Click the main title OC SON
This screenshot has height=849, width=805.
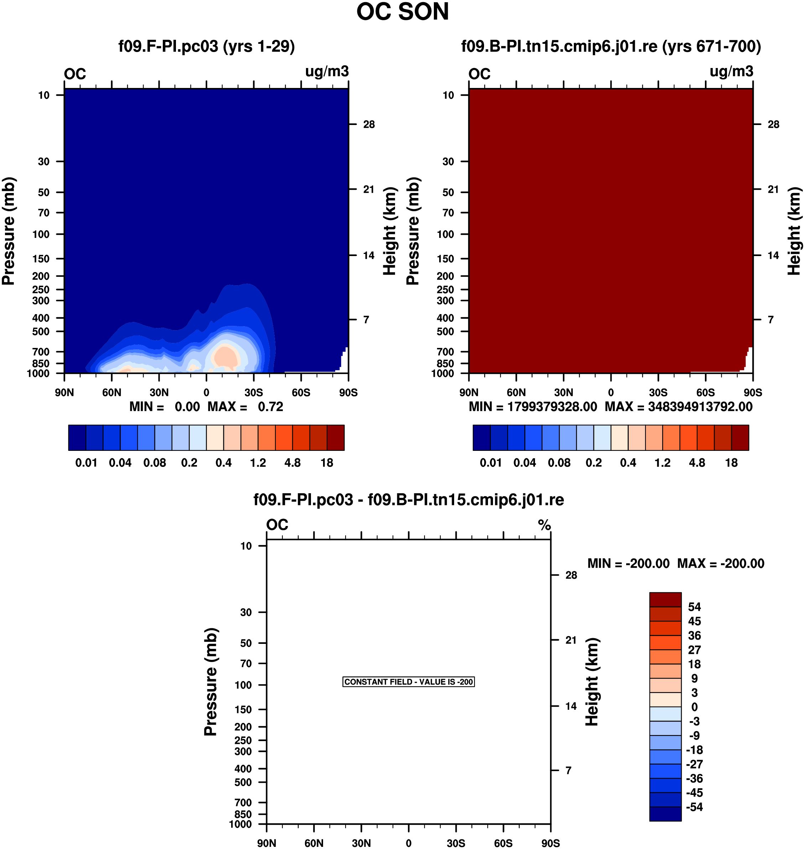tap(402, 12)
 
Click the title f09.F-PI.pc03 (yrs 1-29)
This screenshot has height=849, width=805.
tap(206, 46)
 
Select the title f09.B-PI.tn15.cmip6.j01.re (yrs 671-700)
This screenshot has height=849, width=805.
tap(611, 46)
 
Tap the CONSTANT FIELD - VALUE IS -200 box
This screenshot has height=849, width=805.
tap(408, 682)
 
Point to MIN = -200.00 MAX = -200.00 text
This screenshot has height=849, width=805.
tap(675, 563)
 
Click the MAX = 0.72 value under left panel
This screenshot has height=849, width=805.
tap(245, 407)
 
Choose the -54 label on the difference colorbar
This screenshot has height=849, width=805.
tap(694, 807)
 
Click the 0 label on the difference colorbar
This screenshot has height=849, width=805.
tap(694, 707)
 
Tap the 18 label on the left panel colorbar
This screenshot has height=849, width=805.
tap(327, 463)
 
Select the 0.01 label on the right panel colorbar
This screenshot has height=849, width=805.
tap(490, 463)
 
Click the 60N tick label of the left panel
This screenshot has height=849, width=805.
tap(111, 392)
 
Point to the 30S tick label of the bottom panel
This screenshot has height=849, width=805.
tap(456, 843)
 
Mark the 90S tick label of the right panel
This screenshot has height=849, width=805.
tap(753, 392)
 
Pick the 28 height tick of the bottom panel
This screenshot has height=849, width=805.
tap(571, 575)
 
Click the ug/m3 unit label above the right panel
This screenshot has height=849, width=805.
tap(731, 72)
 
